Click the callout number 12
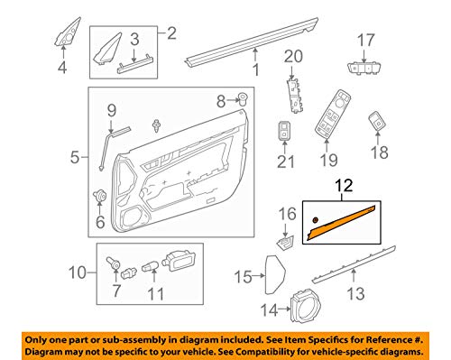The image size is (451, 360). (344, 186)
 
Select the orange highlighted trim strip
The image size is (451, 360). (341, 223)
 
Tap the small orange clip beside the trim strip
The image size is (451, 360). (316, 220)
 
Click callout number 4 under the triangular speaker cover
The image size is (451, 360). (62, 68)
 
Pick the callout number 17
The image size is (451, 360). (366, 41)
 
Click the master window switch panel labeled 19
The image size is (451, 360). (333, 115)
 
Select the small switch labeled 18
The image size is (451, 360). (377, 122)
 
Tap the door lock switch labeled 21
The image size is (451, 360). (284, 131)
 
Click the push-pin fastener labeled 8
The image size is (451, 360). (243, 99)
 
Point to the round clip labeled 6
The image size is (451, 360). (99, 196)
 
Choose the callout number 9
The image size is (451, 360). (112, 111)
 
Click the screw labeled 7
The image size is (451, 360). (113, 263)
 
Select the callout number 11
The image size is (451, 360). (156, 294)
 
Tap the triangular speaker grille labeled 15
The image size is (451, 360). (275, 274)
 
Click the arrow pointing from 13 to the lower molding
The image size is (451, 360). (354, 275)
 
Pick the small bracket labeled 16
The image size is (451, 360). (285, 243)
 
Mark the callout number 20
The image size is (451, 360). (293, 57)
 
